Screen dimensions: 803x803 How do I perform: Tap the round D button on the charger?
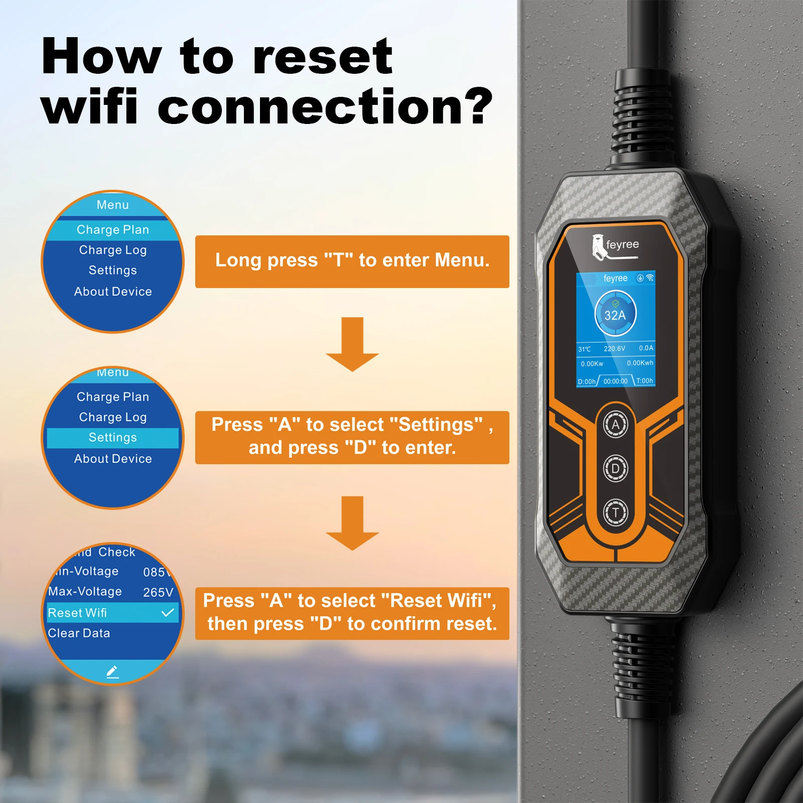click(x=615, y=468)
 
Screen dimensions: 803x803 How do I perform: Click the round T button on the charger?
click(x=615, y=513)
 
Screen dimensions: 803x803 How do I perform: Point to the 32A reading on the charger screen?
click(x=615, y=315)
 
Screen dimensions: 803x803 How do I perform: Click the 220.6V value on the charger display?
click(x=614, y=348)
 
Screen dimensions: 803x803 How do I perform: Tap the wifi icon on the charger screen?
click(x=650, y=278)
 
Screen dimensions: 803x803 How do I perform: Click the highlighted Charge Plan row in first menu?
click(x=112, y=229)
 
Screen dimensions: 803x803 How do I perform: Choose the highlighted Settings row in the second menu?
click(x=112, y=438)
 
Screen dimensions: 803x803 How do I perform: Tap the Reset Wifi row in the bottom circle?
click(x=78, y=613)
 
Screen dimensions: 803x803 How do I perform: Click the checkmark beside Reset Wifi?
click(x=168, y=612)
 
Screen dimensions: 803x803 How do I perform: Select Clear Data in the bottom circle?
click(x=79, y=633)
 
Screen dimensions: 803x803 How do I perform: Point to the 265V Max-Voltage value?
click(x=158, y=592)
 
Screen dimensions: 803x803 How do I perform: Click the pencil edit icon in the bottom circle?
click(x=112, y=672)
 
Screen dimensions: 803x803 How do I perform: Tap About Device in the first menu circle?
click(x=112, y=292)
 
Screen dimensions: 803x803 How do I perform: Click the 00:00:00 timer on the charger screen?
click(x=615, y=381)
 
